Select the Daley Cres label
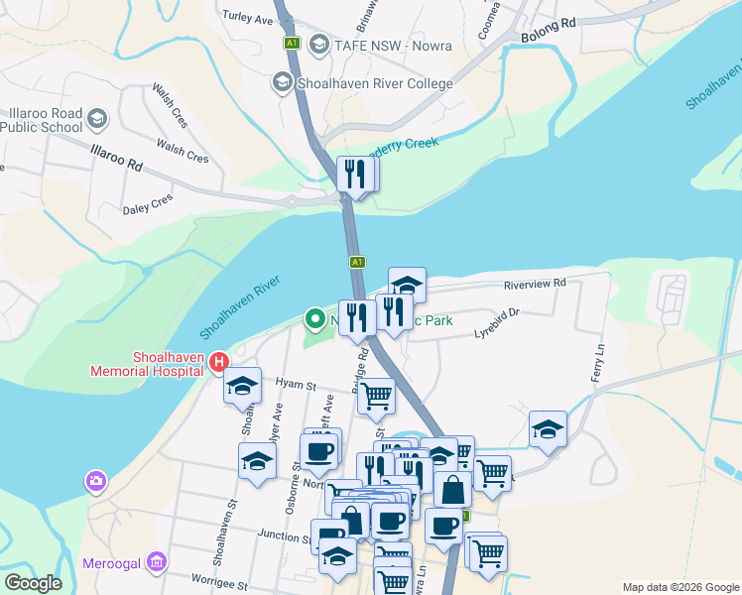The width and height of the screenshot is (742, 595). (147, 203)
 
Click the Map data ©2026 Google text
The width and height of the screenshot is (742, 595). (680, 587)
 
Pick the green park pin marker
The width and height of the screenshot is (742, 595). (316, 318)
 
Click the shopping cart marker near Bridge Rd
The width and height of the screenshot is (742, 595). (375, 396)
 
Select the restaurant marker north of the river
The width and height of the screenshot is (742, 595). (354, 175)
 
